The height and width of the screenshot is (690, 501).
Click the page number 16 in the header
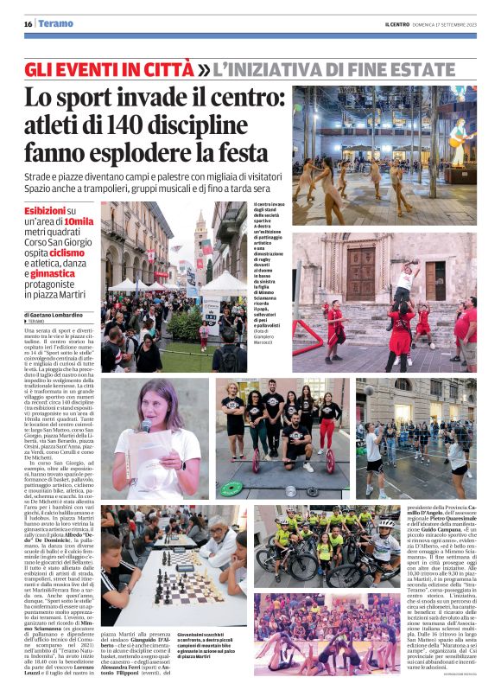pyautogui.click(x=28, y=24)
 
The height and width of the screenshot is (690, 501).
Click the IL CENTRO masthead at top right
pyautogui.click(x=399, y=24)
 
